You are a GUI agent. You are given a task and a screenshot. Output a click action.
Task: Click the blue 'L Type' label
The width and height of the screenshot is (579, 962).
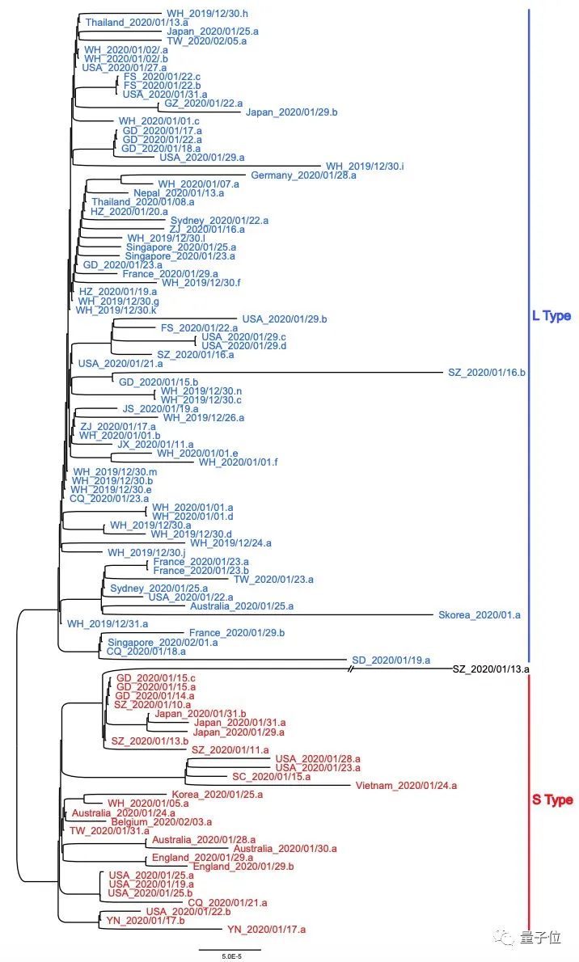[552, 316]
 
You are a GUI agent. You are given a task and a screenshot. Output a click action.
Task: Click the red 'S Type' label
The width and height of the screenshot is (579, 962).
[552, 800]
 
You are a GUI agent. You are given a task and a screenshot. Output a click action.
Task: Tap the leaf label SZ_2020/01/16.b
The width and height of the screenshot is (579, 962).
[487, 373]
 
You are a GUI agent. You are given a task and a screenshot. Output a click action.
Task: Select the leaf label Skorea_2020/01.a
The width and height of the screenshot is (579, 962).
[479, 614]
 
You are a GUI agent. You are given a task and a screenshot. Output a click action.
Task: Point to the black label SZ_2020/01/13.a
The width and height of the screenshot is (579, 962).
[491, 669]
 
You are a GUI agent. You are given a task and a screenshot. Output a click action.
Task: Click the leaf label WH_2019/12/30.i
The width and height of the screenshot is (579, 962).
[365, 167]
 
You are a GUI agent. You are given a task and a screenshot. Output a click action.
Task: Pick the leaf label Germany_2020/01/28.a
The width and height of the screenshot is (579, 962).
[303, 175]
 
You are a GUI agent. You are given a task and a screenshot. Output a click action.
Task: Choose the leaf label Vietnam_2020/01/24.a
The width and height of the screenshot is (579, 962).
[406, 785]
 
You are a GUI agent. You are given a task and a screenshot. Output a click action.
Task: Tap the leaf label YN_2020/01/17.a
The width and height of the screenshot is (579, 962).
[267, 930]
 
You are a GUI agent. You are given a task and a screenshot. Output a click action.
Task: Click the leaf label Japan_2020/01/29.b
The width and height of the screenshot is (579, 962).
[291, 112]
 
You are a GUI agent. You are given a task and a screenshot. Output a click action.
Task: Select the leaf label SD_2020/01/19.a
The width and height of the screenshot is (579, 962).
[391, 660]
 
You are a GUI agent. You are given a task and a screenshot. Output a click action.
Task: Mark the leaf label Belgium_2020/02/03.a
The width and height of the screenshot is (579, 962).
[162, 821]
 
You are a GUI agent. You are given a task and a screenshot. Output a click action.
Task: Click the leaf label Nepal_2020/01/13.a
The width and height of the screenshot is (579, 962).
[179, 192]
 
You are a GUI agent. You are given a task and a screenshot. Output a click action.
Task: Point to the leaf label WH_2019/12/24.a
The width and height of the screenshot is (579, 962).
[230, 543]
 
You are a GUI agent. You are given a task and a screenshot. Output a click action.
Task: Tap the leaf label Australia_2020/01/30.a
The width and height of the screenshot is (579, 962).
[285, 849]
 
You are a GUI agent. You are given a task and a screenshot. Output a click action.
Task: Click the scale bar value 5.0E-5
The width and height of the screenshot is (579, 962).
[231, 956]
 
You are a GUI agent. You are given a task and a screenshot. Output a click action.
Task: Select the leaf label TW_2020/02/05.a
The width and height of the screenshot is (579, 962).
[207, 40]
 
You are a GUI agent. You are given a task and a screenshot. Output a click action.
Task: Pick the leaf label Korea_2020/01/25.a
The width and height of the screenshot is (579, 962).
[218, 795]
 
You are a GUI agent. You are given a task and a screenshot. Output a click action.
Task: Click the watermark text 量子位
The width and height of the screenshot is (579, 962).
[540, 938]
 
